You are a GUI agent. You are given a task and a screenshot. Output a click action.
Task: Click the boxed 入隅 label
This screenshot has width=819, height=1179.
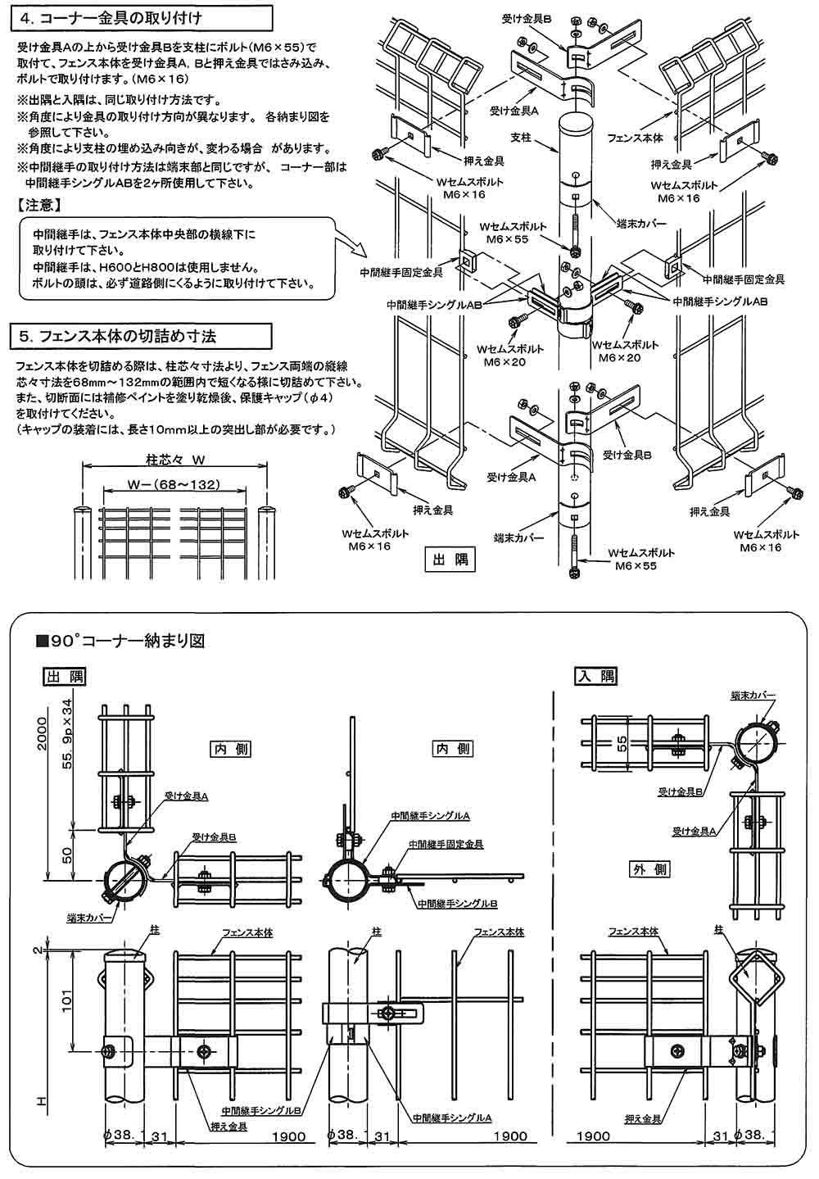(x=595, y=676)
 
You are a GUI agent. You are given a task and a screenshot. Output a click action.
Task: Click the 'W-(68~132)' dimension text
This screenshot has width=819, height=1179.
(x=173, y=485)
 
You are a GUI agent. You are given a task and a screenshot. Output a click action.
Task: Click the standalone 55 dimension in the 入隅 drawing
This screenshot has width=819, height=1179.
(x=622, y=743)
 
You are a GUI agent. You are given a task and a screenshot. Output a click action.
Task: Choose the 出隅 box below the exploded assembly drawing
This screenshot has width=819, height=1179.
(x=448, y=560)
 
